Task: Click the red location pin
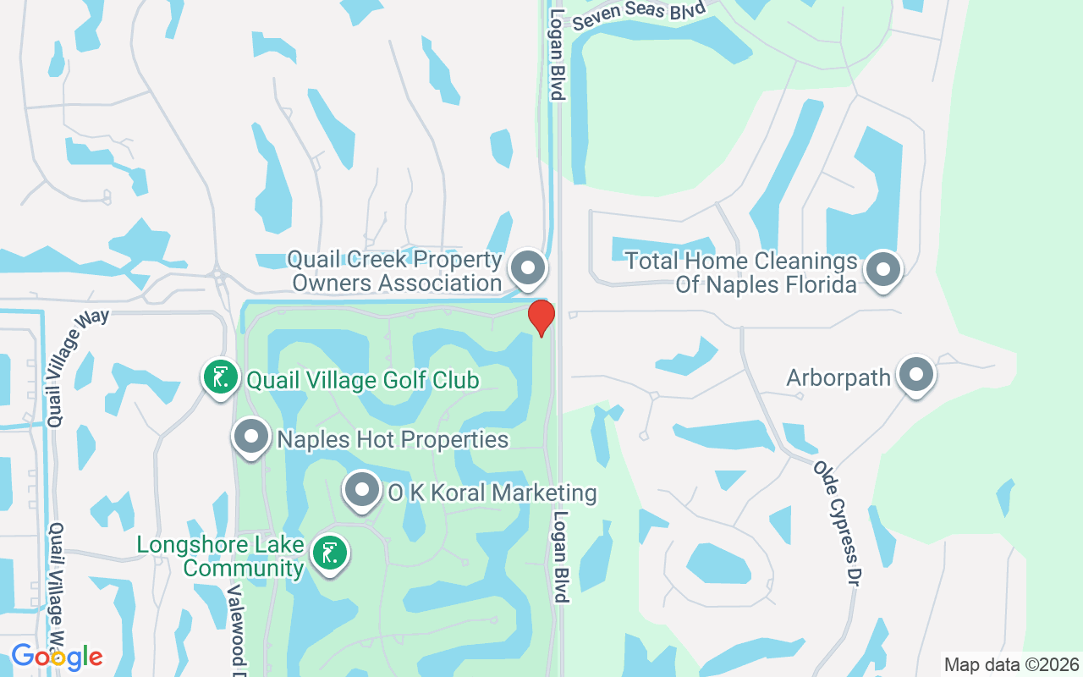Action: coord(541,317)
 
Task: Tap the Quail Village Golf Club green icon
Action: coord(220,377)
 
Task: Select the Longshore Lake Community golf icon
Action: coord(329,553)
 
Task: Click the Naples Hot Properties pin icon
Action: coord(250,438)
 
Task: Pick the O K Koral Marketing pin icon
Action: coord(362,489)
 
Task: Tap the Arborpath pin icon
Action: coord(915,374)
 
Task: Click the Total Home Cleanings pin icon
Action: coord(884,269)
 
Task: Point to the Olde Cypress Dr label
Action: coord(838,524)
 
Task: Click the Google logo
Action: coord(57,656)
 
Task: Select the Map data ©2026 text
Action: coord(1011,664)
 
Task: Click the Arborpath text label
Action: coord(838,377)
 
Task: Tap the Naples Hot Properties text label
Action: coord(393,439)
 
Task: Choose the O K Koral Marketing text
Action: coord(492,493)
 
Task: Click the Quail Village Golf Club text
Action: coord(362,380)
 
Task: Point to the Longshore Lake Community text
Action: coord(221,556)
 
